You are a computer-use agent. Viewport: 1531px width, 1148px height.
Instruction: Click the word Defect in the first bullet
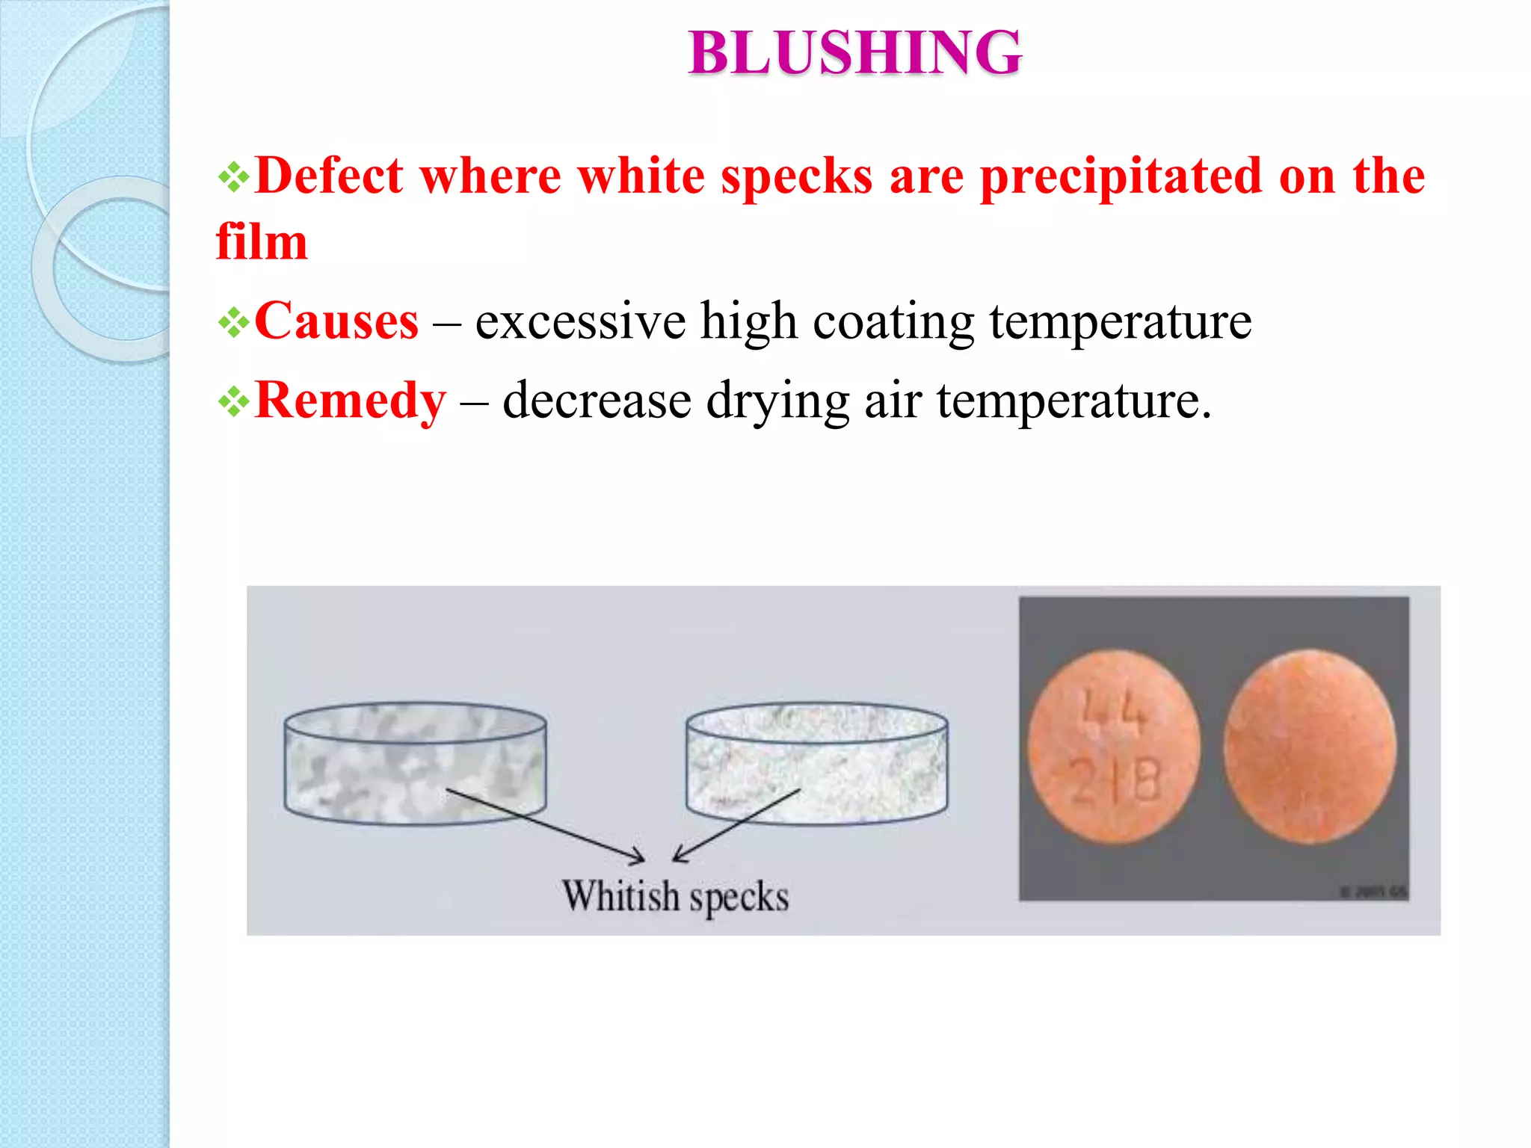329,176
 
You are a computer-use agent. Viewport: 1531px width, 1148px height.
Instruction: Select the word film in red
262,242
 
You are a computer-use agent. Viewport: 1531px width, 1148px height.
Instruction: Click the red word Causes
336,321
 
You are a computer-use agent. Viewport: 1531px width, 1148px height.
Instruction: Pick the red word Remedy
350,401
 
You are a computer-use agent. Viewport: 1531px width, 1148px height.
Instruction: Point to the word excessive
580,321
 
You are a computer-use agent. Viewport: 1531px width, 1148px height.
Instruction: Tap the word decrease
597,401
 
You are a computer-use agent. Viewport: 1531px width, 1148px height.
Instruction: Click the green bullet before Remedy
233,402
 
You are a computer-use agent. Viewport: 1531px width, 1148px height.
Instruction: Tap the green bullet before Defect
233,178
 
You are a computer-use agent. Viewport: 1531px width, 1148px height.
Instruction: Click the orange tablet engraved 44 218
1114,747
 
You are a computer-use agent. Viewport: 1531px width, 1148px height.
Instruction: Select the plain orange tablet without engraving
1310,746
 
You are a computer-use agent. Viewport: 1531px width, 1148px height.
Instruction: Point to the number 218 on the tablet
1116,781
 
